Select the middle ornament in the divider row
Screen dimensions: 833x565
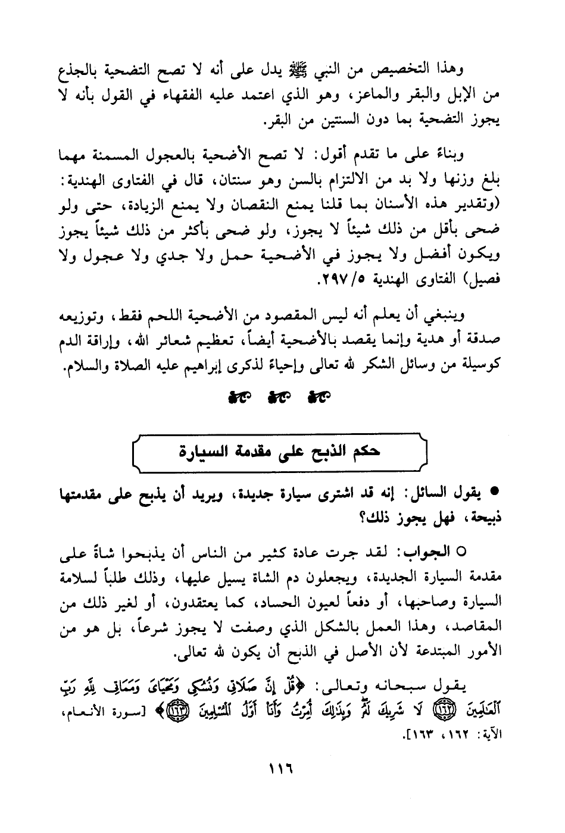pos(279,397)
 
